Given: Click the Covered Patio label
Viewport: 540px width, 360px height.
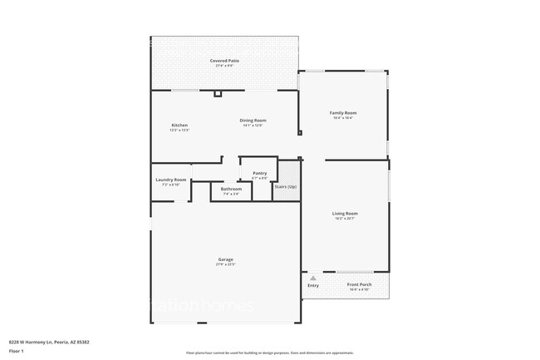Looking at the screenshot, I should (x=224, y=61).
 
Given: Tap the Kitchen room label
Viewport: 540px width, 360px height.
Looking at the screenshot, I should (x=179, y=125).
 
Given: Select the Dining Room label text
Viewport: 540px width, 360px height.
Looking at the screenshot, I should (x=253, y=121).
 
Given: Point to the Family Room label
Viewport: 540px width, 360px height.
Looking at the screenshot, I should (x=343, y=112).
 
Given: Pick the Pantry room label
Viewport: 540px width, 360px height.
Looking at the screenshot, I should (x=259, y=173).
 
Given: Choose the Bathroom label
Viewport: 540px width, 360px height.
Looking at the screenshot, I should (x=231, y=190).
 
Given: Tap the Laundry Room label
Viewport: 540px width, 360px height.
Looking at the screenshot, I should (x=170, y=180).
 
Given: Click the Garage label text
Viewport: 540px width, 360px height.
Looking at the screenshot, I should (x=225, y=260).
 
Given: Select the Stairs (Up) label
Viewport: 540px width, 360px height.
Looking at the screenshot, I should (x=286, y=186).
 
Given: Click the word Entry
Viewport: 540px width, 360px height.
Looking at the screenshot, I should (x=312, y=286).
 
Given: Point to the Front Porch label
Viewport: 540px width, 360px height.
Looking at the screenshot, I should (x=359, y=284).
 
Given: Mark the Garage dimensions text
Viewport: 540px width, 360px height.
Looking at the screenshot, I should (x=225, y=265).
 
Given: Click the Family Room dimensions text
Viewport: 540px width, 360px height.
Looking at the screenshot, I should (x=343, y=117).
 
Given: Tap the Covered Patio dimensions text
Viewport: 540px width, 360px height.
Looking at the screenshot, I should (x=224, y=66).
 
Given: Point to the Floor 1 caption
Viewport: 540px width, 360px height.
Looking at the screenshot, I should (x=17, y=352).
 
